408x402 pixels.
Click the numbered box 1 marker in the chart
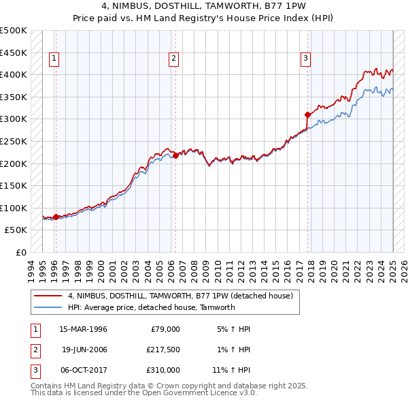pyautogui.click(x=54, y=59)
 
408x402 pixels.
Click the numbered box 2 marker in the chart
pyautogui.click(x=174, y=59)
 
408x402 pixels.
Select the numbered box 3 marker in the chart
pyautogui.click(x=306, y=59)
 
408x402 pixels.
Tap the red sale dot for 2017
pyautogui.click(x=307, y=114)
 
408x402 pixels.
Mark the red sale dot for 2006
pyautogui.click(x=175, y=155)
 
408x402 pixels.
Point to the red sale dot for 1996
pyautogui.click(x=56, y=217)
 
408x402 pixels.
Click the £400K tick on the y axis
pyautogui.click(x=14, y=74)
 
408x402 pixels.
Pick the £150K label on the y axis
pyautogui.click(x=14, y=185)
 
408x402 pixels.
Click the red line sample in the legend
pyautogui.click(x=48, y=296)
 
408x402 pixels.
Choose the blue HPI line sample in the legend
pyautogui.click(x=48, y=307)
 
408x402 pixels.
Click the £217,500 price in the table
pyautogui.click(x=163, y=350)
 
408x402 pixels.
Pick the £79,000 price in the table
pyautogui.click(x=165, y=329)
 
